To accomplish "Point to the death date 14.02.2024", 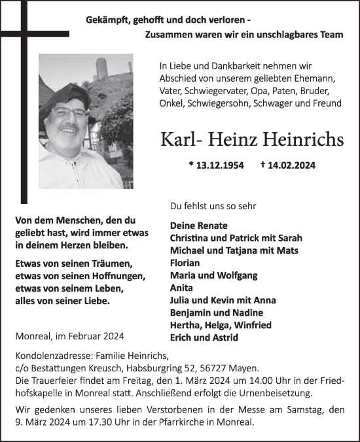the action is point(291,165).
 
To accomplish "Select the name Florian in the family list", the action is point(186,263).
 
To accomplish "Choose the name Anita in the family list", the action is point(181,288).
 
